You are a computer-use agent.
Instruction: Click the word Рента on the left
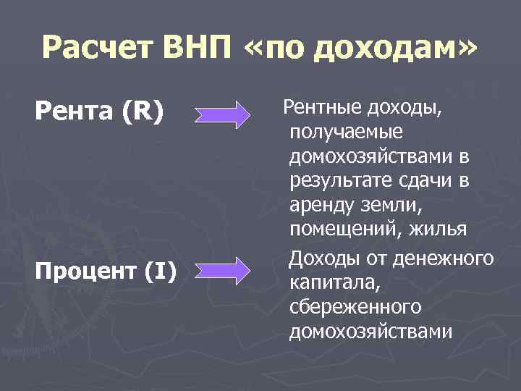[68, 113]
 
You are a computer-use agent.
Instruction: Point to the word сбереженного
[355, 306]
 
